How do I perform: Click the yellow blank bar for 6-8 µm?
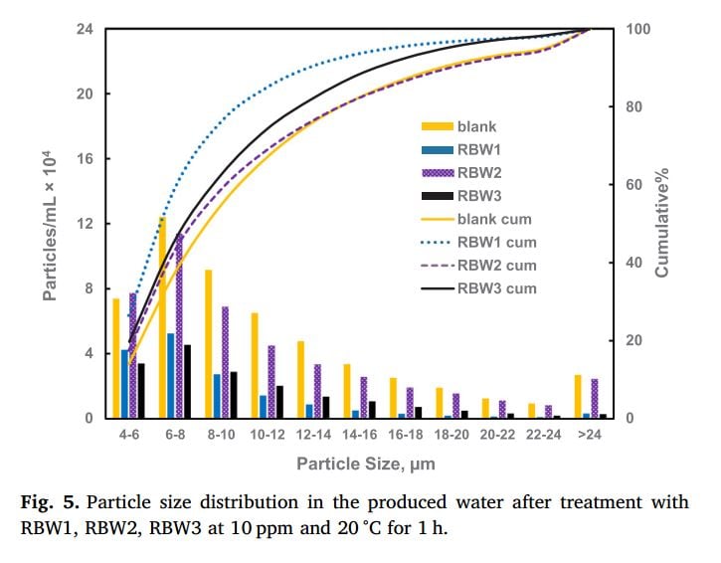[162, 318]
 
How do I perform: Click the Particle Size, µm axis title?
[366, 465]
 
